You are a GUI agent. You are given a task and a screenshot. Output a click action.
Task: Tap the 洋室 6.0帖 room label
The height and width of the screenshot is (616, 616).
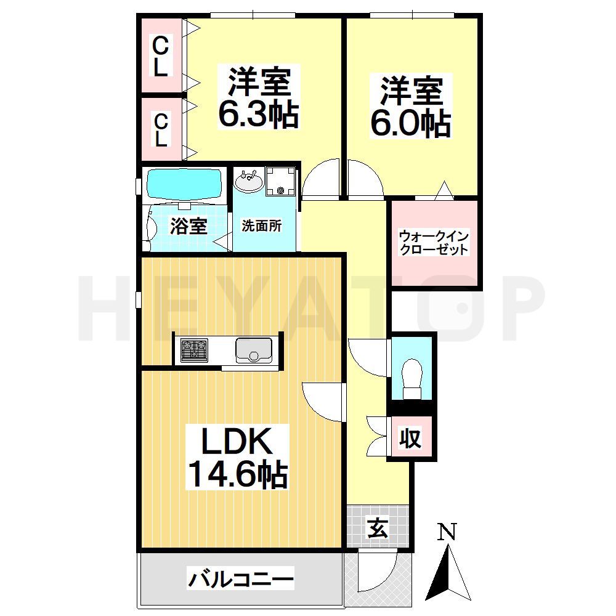pyautogui.click(x=410, y=107)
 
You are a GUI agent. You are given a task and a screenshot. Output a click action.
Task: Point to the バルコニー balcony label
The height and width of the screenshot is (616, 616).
pyautogui.click(x=241, y=580)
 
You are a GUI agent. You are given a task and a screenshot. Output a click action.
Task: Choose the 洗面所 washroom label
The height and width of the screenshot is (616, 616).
pyautogui.click(x=261, y=225)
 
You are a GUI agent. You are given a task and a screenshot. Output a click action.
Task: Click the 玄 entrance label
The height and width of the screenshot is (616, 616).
pyautogui.click(x=378, y=527)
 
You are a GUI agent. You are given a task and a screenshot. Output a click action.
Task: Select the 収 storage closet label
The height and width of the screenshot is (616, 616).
pyautogui.click(x=410, y=439)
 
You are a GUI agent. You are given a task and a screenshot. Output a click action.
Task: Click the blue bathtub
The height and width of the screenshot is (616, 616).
pyautogui.click(x=184, y=183)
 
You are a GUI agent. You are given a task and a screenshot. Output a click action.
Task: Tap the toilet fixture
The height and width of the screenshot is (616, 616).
pyautogui.click(x=411, y=375)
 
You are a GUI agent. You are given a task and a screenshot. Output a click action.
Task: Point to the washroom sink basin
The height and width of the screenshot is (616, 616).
pyautogui.click(x=249, y=182)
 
